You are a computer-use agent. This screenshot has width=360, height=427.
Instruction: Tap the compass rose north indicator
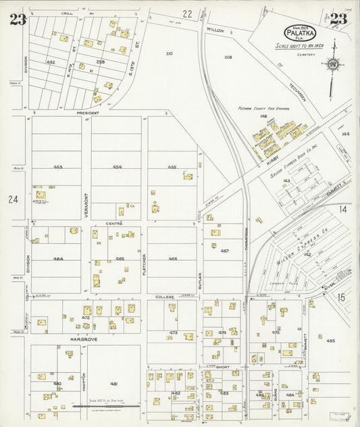(x=332, y=65)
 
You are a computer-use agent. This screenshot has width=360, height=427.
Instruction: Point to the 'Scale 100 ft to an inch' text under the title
(x=298, y=46)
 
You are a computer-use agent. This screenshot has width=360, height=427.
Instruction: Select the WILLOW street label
(x=215, y=30)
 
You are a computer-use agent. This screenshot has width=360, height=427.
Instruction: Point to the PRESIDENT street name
(x=87, y=113)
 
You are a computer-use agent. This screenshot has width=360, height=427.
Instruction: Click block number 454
(x=117, y=167)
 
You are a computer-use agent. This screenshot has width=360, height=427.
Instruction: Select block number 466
(x=172, y=259)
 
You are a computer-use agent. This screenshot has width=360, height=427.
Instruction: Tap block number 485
(x=330, y=341)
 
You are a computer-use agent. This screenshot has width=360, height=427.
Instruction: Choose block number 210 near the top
(x=169, y=53)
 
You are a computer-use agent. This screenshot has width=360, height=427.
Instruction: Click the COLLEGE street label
(x=165, y=297)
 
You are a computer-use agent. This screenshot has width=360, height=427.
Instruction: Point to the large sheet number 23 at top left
(x=18, y=20)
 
